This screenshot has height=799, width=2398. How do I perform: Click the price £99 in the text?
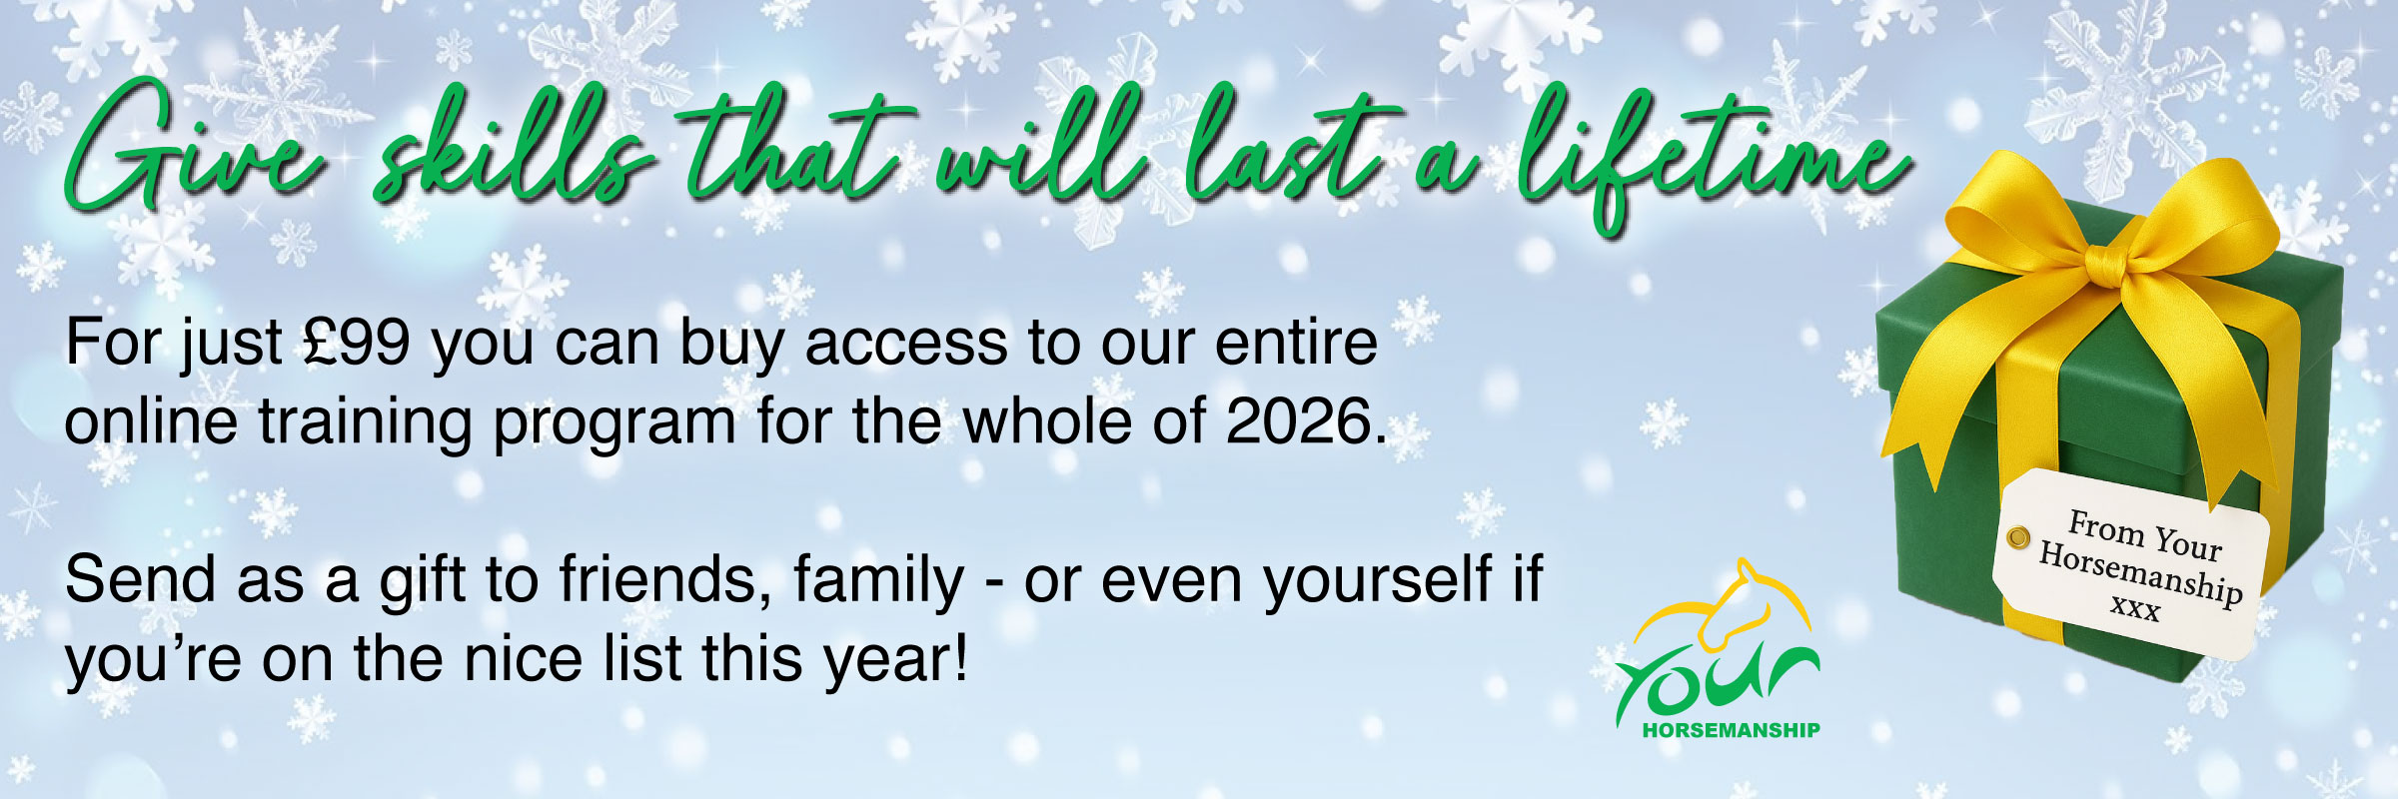(x=357, y=343)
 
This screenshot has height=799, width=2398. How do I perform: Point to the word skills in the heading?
(x=515, y=146)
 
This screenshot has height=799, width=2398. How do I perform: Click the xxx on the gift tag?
(x=2134, y=607)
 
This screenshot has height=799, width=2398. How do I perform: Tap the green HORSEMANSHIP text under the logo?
(x=1731, y=730)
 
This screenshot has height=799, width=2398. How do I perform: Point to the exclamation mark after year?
(x=960, y=659)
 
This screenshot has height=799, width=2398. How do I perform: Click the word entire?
(x=1296, y=343)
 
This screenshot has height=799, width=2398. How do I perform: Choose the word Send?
(x=140, y=579)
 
